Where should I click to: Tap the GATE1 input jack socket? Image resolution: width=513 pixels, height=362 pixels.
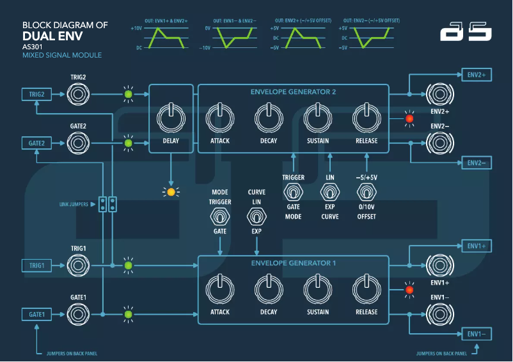79,314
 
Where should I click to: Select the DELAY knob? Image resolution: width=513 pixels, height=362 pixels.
170,118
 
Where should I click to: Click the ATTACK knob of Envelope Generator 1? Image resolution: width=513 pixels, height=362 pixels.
219,289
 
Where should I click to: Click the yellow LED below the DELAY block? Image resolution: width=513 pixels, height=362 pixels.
170,191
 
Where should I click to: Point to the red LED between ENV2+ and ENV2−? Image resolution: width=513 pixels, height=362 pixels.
409,118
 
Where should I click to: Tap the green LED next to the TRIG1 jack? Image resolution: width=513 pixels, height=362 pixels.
128,265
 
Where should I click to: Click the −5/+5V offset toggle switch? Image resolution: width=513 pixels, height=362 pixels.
367,192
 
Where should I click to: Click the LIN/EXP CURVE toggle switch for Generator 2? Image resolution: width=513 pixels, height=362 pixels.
330,192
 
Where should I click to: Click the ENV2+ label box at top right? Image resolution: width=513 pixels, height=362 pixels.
477,75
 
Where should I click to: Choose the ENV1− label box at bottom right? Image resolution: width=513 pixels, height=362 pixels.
477,334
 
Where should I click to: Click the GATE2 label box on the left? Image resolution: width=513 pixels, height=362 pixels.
36,143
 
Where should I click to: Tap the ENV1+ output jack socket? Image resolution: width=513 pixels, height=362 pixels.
439,265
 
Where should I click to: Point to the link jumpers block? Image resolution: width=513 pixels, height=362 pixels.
107,204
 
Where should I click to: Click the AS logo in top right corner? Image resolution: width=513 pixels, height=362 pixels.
465,33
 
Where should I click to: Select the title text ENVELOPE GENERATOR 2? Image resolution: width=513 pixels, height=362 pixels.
293,92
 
